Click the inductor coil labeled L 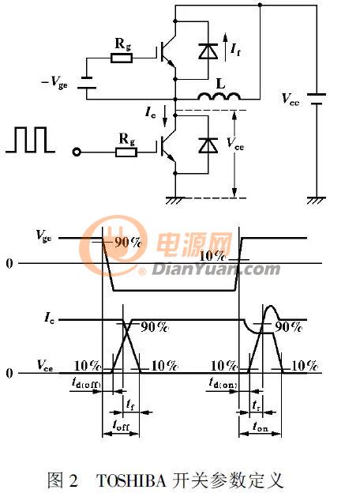pos(219,96)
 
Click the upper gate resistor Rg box pos(122,58)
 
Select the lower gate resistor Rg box pos(126,152)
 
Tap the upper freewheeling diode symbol pos(208,51)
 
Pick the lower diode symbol pos(208,145)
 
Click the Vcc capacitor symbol pos(317,99)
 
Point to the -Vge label pos(54,83)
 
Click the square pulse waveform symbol pos(30,140)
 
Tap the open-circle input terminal pos(77,152)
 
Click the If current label pos(235,50)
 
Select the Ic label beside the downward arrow pos(151,112)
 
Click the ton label pos(261,427)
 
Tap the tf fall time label pos(130,405)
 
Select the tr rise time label pos(256,405)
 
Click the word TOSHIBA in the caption pos(131,480)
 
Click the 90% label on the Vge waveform pos(128,243)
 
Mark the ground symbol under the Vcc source pos(317,200)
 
